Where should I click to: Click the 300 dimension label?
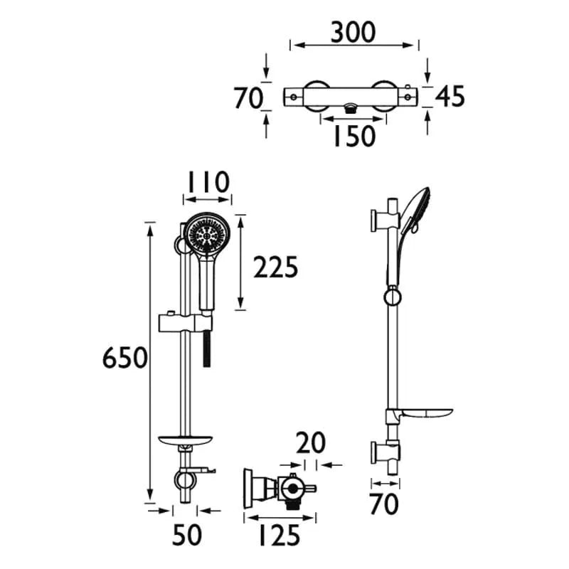[x=353, y=32]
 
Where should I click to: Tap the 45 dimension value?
[x=450, y=97]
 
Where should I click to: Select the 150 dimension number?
[x=354, y=136]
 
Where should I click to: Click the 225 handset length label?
[x=275, y=267]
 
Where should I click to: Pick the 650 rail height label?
[x=125, y=358]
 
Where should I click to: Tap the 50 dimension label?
[x=186, y=536]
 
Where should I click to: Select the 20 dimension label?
[x=311, y=443]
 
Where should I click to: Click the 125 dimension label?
[x=280, y=536]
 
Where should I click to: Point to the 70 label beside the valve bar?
[x=248, y=98]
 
